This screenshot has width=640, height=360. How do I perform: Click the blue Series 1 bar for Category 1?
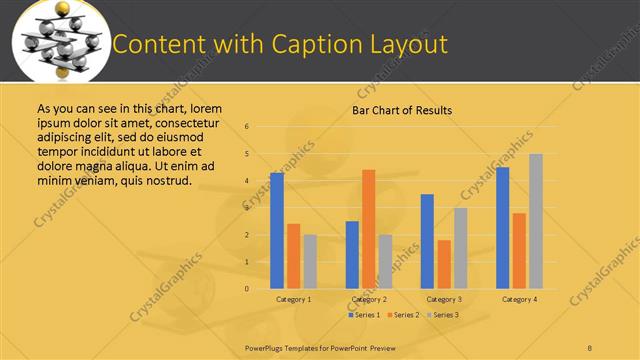point(277,231)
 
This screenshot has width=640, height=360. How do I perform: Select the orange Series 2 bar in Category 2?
point(368,229)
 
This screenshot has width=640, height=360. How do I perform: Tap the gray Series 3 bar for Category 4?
point(536,221)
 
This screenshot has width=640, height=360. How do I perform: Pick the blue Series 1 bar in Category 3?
point(427,241)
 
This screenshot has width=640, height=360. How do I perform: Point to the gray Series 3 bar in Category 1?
point(310,262)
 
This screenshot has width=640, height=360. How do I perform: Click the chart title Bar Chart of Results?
point(402,110)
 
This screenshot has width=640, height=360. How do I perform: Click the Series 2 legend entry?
point(402,315)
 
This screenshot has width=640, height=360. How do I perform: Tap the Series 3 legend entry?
point(441,315)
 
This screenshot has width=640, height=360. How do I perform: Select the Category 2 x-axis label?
point(369,299)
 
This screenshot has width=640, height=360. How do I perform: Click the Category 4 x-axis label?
point(519,299)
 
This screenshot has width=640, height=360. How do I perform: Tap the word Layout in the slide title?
point(405,45)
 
